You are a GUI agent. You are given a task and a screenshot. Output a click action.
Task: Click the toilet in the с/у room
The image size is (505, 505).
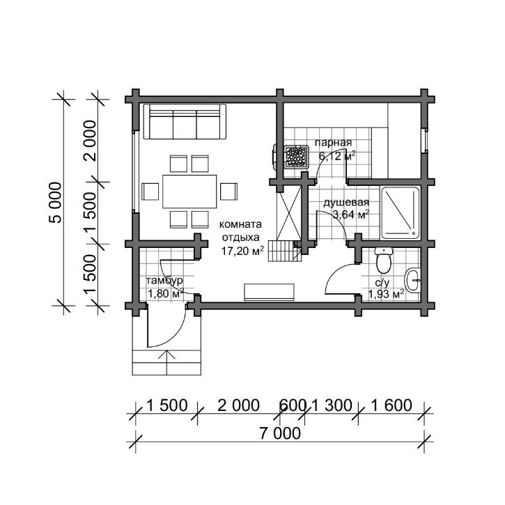(384, 260)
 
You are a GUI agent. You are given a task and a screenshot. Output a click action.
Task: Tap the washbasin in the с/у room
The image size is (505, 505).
(413, 281)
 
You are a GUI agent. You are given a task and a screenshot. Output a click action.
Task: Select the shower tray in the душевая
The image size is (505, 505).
(401, 213)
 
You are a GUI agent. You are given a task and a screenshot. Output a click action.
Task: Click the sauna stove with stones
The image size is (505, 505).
(296, 157)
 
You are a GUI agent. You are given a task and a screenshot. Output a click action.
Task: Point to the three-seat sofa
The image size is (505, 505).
(185, 122)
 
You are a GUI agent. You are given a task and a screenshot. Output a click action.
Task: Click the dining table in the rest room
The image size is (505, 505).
(189, 192)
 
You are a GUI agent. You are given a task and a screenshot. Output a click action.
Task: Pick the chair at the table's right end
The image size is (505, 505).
(228, 192)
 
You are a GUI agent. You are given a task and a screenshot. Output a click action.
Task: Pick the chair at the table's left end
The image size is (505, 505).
(150, 192)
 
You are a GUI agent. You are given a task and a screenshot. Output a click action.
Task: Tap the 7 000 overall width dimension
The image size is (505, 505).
(280, 433)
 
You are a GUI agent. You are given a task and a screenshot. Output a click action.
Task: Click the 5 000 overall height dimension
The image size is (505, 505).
(55, 203)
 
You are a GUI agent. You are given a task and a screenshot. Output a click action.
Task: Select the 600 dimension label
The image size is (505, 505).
(293, 405)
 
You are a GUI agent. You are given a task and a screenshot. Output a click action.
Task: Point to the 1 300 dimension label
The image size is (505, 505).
(332, 405)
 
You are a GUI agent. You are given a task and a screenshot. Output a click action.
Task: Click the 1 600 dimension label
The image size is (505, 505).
(391, 405)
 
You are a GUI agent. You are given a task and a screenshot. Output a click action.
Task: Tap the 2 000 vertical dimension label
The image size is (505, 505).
(90, 141)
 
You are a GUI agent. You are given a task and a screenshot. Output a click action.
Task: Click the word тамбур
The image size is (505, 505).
(164, 281)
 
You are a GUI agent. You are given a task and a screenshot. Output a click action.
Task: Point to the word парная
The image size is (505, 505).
(334, 143)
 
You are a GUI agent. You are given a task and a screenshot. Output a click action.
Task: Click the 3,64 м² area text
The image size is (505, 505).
(351, 214)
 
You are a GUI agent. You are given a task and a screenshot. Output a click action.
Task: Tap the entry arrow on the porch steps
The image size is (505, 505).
(167, 363)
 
